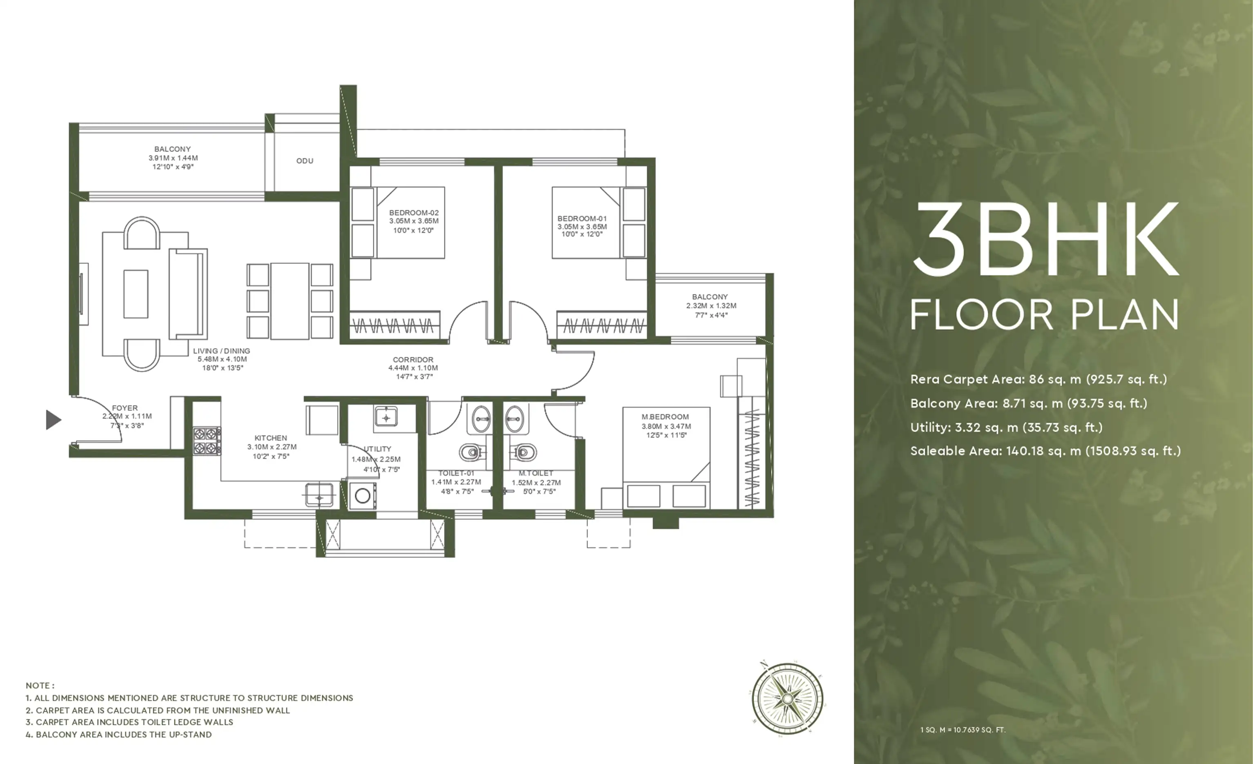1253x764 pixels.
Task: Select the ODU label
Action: (305, 160)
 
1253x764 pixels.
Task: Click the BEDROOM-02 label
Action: (414, 212)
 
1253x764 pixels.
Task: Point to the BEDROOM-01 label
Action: (582, 218)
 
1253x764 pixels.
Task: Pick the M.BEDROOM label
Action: (665, 417)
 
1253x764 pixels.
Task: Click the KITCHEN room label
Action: (270, 438)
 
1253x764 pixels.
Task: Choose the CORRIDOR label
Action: (413, 359)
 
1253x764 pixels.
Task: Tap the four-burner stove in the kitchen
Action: (207, 441)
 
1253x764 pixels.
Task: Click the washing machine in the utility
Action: (362, 496)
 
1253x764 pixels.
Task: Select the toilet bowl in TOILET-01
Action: (471, 451)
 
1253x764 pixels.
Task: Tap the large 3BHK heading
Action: (1045, 239)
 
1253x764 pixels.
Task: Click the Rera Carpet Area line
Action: (1039, 379)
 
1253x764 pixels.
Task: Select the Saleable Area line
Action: (1045, 451)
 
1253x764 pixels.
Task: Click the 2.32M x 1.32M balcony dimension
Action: (711, 305)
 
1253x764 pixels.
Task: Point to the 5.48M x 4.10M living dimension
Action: (222, 359)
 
